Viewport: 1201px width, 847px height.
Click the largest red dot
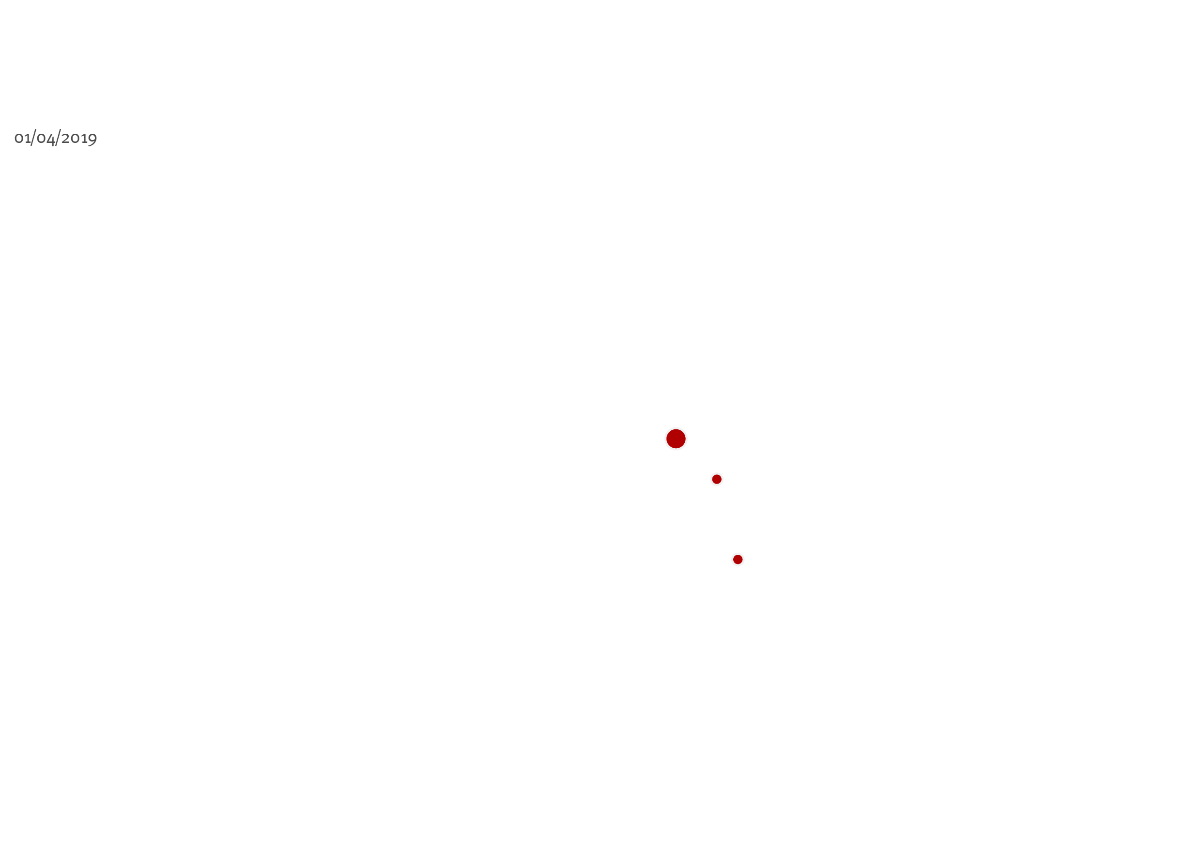tap(676, 439)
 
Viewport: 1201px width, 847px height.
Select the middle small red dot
tap(717, 479)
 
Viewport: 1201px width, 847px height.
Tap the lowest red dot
tap(738, 560)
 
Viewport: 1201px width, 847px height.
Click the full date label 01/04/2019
tap(55, 138)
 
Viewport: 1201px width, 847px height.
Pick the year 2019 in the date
tap(79, 139)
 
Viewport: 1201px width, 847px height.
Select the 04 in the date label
tap(46, 139)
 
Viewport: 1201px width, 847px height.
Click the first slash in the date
tap(33, 138)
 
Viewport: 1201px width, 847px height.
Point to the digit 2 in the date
tap(65, 138)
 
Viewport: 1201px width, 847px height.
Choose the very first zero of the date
tap(19, 139)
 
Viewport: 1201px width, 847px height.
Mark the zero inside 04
tap(41, 139)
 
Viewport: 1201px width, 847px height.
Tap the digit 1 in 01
tap(28, 139)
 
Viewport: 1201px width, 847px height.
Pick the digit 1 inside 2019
tap(84, 139)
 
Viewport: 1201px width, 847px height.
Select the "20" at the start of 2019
tap(71, 138)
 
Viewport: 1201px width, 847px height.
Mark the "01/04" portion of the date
tap(34, 138)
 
